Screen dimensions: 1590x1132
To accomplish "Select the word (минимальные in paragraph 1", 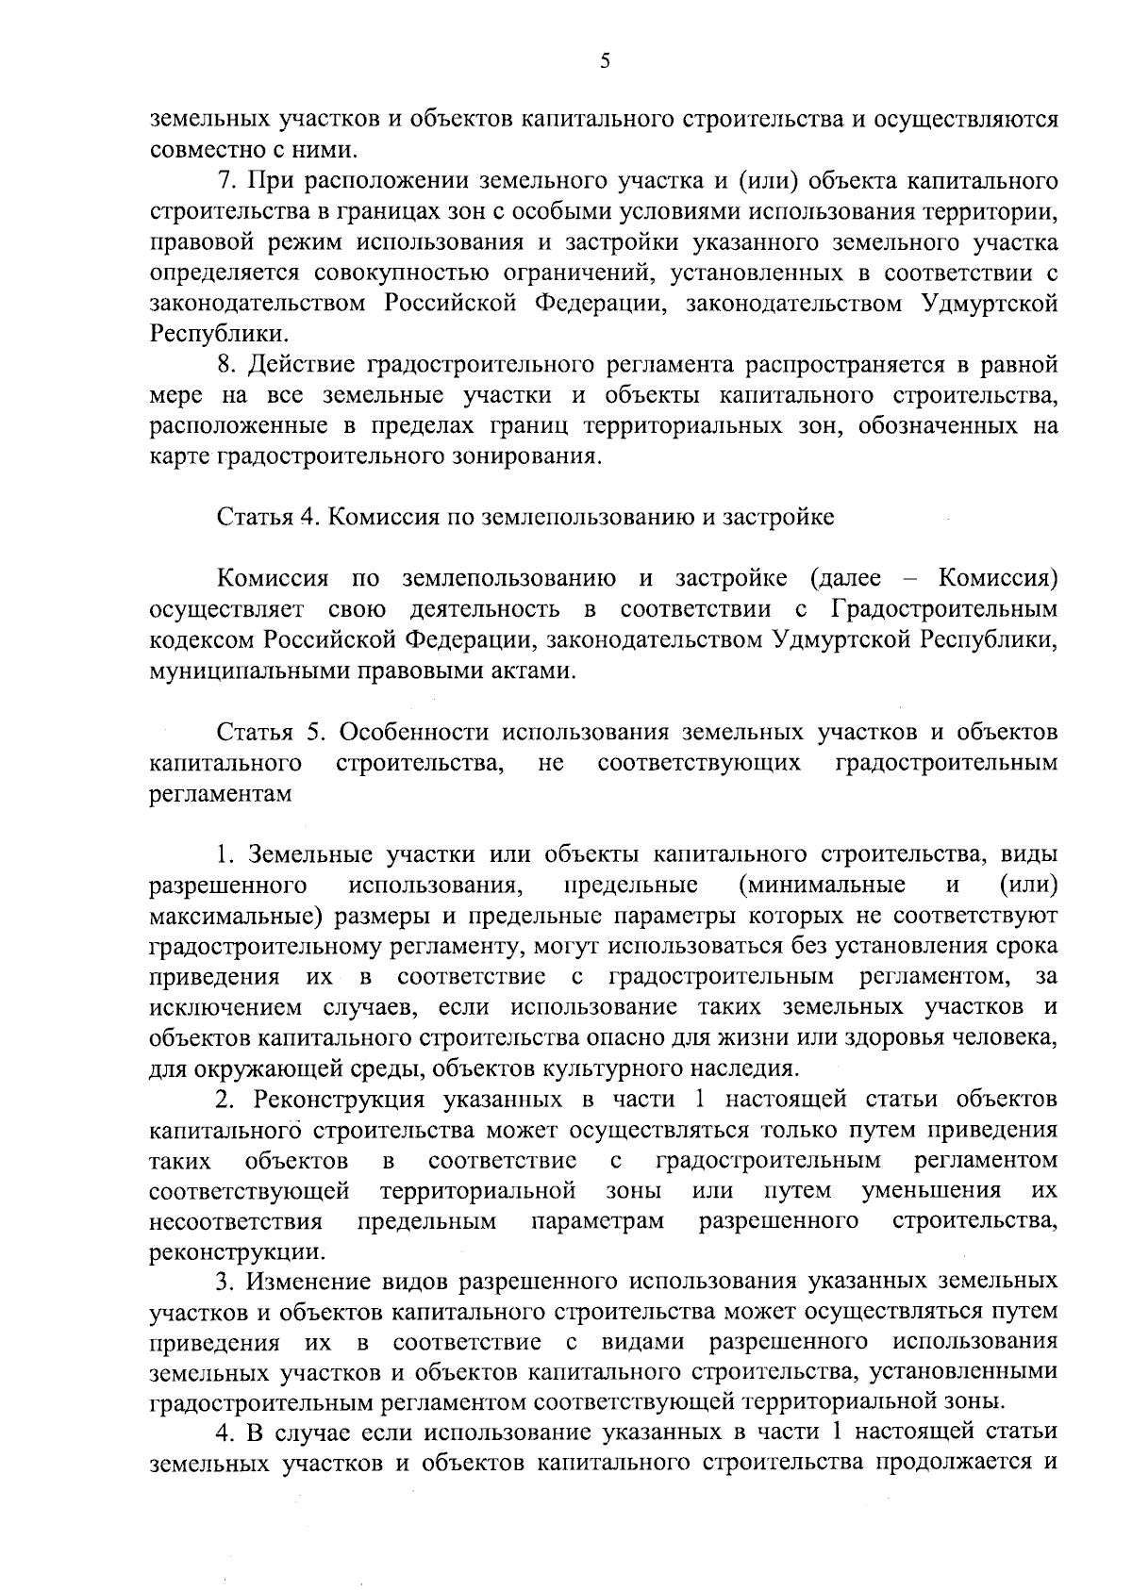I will click(823, 885).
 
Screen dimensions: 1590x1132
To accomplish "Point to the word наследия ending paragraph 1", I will click(739, 1068).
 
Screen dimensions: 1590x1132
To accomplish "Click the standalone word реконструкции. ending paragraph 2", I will click(239, 1253).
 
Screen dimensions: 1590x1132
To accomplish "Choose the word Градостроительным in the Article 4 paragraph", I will click(945, 609).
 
